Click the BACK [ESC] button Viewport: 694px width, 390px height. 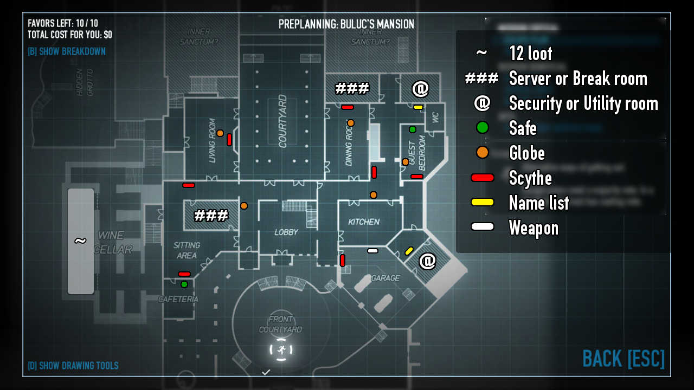pyautogui.click(x=623, y=359)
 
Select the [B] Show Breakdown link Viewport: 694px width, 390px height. pyautogui.click(x=67, y=51)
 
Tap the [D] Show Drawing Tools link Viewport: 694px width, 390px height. pyautogui.click(x=73, y=366)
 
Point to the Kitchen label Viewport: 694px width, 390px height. pyautogui.click(x=363, y=222)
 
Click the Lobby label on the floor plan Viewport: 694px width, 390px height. pyautogui.click(x=286, y=232)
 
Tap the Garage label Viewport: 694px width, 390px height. pyautogui.click(x=385, y=278)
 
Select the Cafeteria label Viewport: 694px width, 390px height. pyautogui.click(x=178, y=299)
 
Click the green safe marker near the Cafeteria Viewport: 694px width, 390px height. pyautogui.click(x=184, y=284)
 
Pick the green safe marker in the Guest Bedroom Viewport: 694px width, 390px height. pyautogui.click(x=413, y=129)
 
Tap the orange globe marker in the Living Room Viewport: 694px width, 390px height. pyautogui.click(x=220, y=133)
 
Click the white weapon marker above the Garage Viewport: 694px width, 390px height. pyautogui.click(x=372, y=251)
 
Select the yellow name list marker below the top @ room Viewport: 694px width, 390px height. pyautogui.click(x=418, y=107)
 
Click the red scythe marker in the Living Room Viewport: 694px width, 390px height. pyautogui.click(x=229, y=139)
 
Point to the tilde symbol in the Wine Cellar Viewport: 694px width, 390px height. pyautogui.click(x=80, y=241)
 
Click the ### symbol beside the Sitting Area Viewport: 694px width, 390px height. pyautogui.click(x=211, y=216)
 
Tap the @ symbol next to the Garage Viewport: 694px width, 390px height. pyautogui.click(x=427, y=261)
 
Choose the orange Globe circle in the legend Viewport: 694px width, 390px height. pyautogui.click(x=482, y=153)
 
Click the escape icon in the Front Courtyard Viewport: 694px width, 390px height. pyautogui.click(x=281, y=350)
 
